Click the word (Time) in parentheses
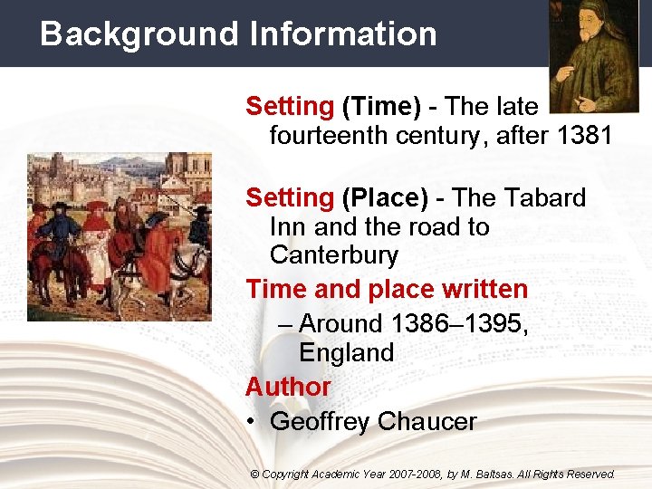(381, 107)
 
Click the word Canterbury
(333, 254)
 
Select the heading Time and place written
(387, 290)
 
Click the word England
(346, 351)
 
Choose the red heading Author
(288, 387)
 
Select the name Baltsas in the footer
(494, 474)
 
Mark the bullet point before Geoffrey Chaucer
(251, 422)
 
